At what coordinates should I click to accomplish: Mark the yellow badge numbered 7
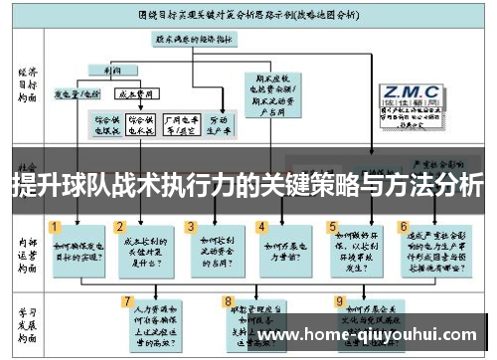[126, 299]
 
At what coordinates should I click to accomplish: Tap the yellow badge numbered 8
[229, 299]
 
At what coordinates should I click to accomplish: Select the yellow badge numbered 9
[340, 299]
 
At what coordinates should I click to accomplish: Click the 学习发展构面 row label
[27, 319]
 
